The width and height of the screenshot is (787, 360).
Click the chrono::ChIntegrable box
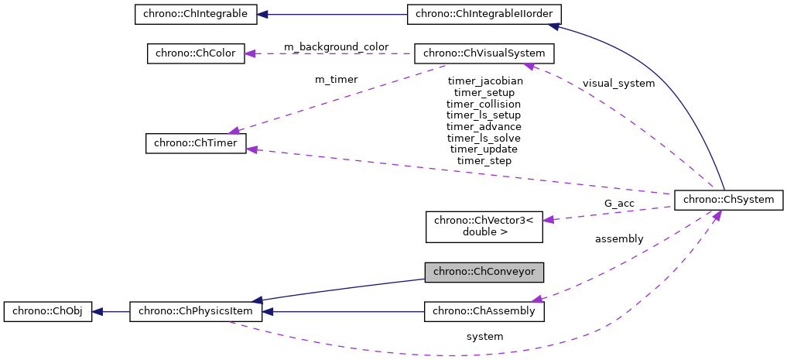190,14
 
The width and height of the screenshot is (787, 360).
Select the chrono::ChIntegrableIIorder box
484,14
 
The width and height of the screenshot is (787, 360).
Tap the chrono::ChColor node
196,53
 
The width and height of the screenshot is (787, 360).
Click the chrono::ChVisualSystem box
484,53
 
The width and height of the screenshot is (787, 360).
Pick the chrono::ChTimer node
196,143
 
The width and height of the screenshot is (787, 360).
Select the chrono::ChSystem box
729,199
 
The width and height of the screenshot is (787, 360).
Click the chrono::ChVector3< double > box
484,225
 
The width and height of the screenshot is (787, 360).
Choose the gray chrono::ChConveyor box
484,272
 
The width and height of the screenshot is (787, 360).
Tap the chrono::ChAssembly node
484,311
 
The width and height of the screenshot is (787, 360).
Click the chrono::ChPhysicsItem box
196,312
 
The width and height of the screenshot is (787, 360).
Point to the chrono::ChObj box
47,312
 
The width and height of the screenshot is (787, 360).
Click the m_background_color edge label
336,47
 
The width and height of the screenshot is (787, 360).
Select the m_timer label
336,79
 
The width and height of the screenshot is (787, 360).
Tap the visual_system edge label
618,83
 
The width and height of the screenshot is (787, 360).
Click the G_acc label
619,204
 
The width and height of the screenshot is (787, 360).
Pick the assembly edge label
618,238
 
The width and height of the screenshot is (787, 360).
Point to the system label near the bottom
484,336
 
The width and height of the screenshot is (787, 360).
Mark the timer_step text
484,160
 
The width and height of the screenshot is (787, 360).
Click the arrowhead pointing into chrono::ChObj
97,312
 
